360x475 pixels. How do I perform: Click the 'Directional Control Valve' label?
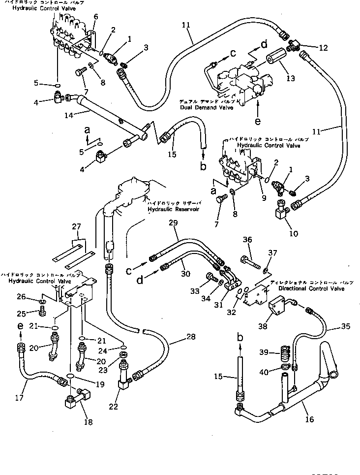point(314,288)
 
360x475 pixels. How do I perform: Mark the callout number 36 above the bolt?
point(247,240)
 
